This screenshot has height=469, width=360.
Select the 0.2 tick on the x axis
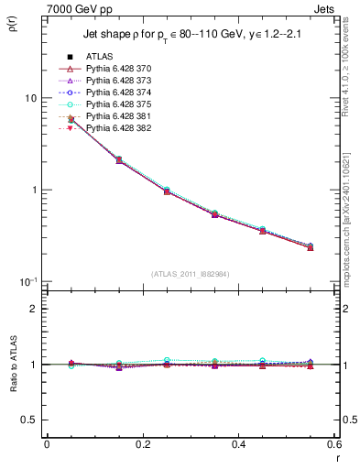coord(141,448)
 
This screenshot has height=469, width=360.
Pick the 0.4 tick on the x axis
coord(238,448)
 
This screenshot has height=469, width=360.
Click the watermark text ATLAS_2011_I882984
coord(190,274)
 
